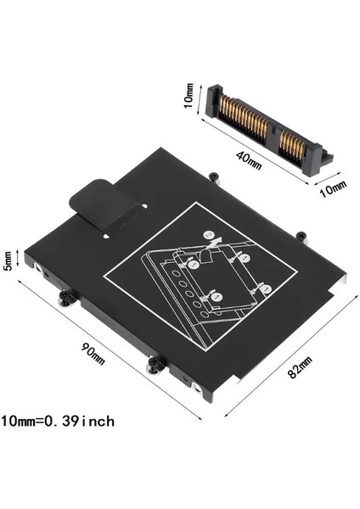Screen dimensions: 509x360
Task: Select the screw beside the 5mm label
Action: pyautogui.click(x=64, y=299)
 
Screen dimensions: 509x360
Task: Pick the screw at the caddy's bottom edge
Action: pyautogui.click(x=155, y=365)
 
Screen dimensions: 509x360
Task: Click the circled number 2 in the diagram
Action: pyautogui.click(x=207, y=235)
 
